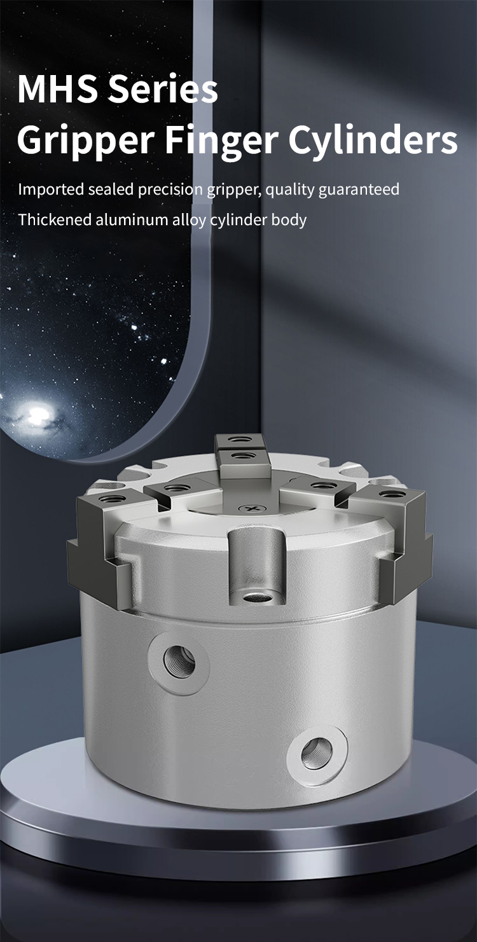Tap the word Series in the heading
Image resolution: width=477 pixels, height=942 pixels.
pyautogui.click(x=163, y=89)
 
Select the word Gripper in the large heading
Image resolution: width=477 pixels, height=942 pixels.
pyautogui.click(x=85, y=141)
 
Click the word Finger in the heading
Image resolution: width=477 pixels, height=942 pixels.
pyautogui.click(x=220, y=141)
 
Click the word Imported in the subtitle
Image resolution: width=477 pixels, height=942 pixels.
pyautogui.click(x=51, y=190)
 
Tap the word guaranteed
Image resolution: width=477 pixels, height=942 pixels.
pyautogui.click(x=359, y=190)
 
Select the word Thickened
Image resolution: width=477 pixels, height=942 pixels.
pyautogui.click(x=55, y=219)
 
